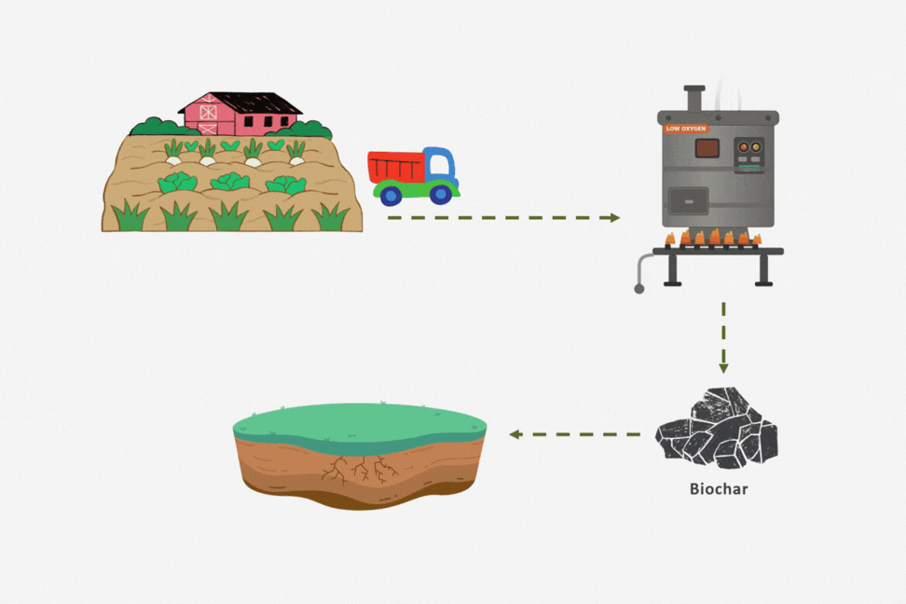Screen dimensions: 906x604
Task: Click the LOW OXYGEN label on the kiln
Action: coord(686,129)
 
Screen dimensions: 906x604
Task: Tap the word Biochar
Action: coord(719,489)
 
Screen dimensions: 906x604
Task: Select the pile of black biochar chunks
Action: coord(717,428)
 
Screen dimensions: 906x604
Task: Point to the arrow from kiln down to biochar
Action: coord(723,337)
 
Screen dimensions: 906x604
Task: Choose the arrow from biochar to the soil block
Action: coord(574,434)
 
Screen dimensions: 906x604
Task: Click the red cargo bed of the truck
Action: coord(396,167)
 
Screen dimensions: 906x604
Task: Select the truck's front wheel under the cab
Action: coord(442,194)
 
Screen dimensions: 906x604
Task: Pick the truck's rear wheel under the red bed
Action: coord(391,196)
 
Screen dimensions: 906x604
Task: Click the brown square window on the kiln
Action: coord(707,148)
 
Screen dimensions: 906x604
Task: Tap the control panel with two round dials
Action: coord(749,155)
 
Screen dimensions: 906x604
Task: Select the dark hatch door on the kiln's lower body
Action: coord(689,201)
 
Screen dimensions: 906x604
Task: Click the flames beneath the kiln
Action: coord(714,237)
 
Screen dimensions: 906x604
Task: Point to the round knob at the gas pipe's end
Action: coord(639,289)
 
